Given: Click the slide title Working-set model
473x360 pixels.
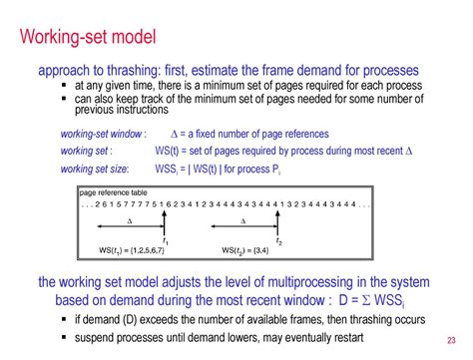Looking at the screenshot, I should pos(89,38).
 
